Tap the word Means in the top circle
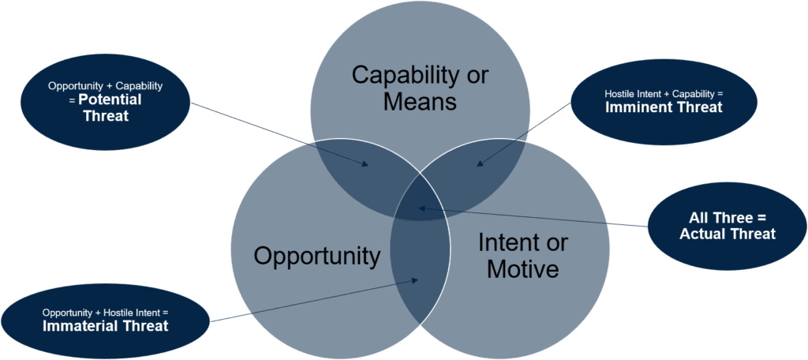pos(420,102)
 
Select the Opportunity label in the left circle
pos(316,256)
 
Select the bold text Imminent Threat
pos(664,107)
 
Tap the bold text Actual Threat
pos(728,234)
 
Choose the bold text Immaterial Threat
pos(105,325)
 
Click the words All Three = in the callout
pos(728,217)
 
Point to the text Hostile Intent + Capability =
pos(664,93)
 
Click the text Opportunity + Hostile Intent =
pos(105,312)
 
